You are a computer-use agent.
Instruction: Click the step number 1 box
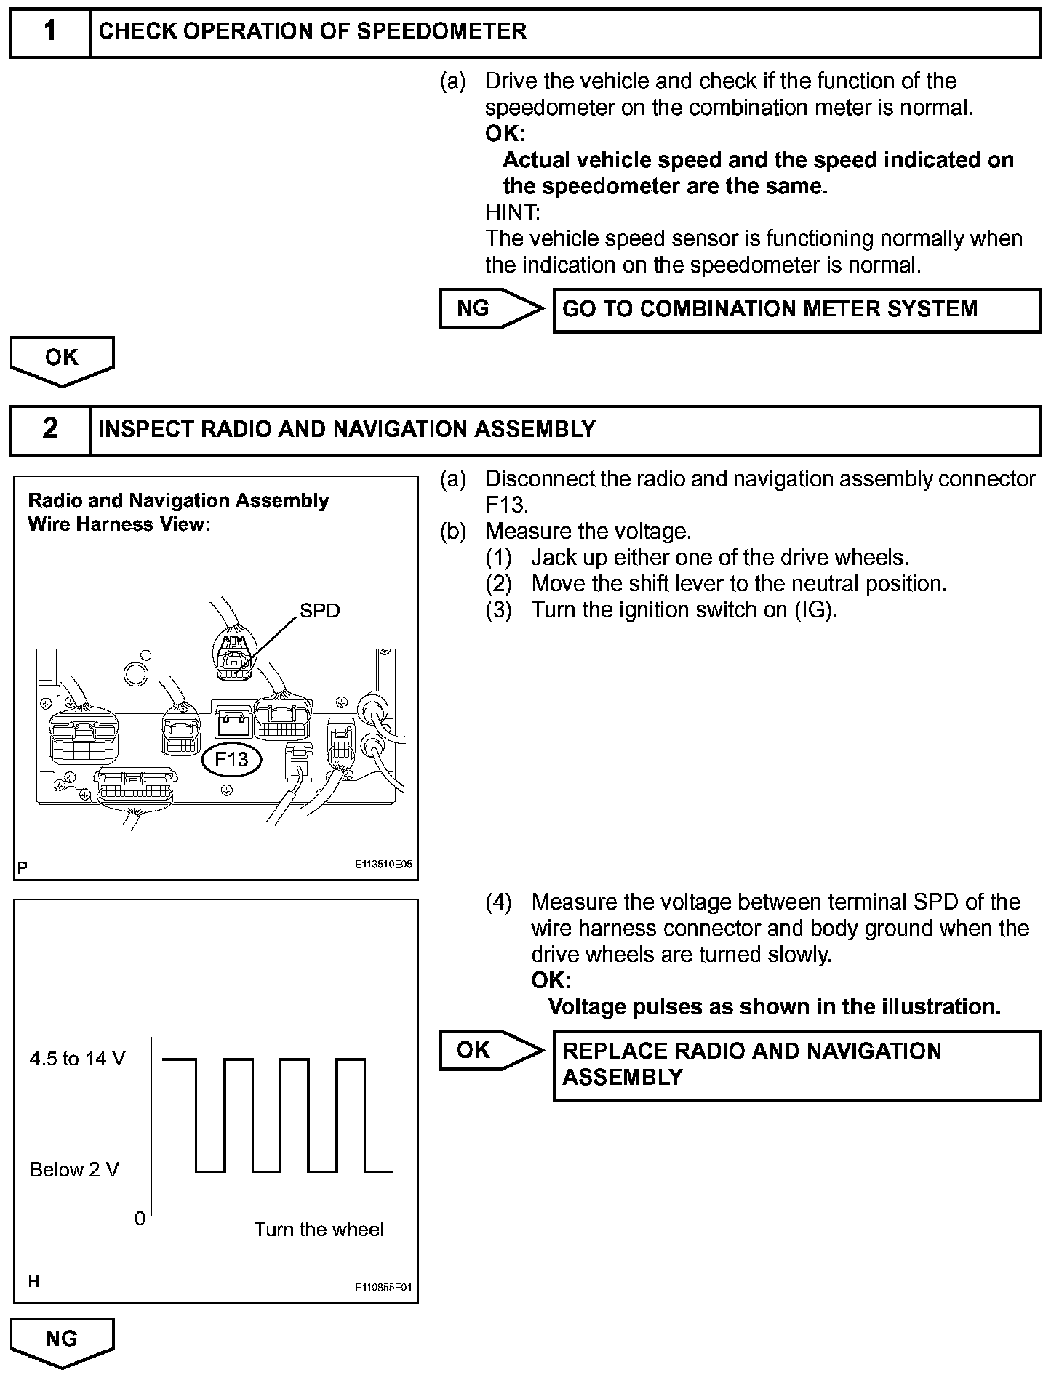click(49, 33)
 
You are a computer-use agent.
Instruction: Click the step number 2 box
click(49, 430)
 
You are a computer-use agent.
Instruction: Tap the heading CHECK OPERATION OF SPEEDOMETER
click(313, 32)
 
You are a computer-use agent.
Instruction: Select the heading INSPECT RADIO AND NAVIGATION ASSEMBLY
click(346, 430)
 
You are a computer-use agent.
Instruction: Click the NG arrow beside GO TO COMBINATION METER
click(489, 309)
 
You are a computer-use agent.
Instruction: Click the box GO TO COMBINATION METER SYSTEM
click(796, 310)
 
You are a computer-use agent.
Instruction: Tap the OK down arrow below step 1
click(62, 359)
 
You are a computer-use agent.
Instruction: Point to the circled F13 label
click(231, 760)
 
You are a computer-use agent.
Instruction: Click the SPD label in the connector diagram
click(319, 611)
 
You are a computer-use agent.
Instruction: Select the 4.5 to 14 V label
click(77, 1059)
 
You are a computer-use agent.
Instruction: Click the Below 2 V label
click(74, 1170)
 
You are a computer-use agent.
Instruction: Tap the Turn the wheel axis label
click(319, 1230)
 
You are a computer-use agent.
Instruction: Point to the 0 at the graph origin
click(140, 1219)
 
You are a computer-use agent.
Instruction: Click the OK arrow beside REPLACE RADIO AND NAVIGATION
click(489, 1050)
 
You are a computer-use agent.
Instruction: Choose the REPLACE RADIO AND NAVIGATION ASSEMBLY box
click(796, 1065)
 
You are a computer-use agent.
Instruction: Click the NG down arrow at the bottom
click(62, 1340)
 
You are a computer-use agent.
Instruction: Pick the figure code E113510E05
click(383, 865)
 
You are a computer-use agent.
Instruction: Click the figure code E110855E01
click(383, 1287)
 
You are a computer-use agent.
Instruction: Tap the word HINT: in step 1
click(513, 213)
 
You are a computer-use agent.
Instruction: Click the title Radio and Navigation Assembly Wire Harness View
click(178, 512)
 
